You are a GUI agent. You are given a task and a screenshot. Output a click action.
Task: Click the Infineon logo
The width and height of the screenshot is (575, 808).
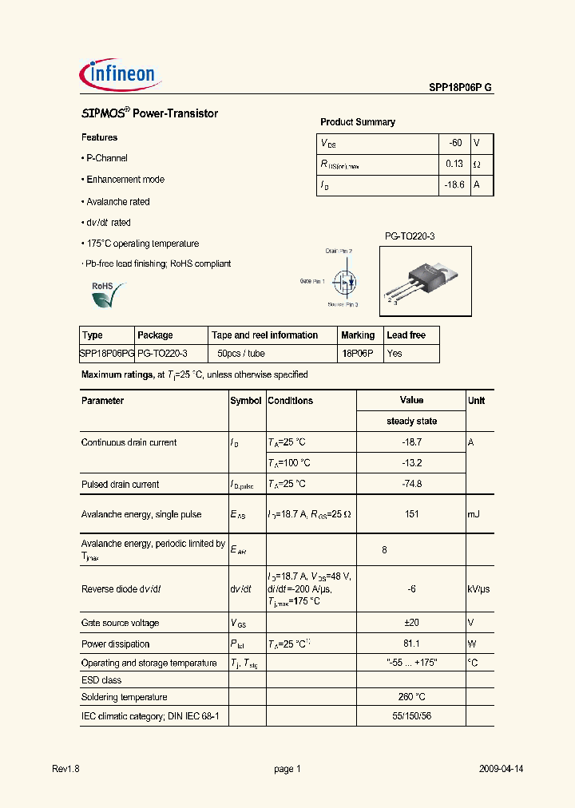coord(122,75)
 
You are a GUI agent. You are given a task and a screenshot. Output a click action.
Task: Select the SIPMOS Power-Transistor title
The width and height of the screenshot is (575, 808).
coord(150,114)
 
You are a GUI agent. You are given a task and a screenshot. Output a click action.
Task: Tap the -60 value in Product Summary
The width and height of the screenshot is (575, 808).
coord(454,143)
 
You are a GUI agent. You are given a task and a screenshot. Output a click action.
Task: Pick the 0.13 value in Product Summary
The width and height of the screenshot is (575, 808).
coord(454,164)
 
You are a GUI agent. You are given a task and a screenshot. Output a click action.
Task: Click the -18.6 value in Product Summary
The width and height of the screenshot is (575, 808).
coord(453,184)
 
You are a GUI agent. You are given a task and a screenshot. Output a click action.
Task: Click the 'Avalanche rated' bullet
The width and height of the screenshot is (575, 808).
coord(117,202)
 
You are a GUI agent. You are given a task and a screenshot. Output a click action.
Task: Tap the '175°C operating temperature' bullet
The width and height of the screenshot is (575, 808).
coord(142,244)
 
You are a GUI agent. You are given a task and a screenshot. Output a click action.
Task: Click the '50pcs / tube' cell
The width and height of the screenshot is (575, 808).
coord(241,353)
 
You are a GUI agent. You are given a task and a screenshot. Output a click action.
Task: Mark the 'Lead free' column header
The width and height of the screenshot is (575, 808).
coord(406,335)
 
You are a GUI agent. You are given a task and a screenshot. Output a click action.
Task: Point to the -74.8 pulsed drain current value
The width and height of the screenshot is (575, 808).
coord(411,484)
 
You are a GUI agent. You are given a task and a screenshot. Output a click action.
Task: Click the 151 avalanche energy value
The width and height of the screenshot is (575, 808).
coord(411,514)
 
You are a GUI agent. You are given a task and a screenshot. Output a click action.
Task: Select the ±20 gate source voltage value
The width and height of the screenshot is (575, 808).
coord(411,623)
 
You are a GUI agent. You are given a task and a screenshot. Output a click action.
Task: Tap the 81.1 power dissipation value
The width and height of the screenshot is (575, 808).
coord(411,644)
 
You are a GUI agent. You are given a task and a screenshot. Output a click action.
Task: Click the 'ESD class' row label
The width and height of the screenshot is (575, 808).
coord(101,680)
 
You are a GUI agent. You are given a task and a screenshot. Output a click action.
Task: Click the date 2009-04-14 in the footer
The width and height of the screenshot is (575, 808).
coord(501,769)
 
